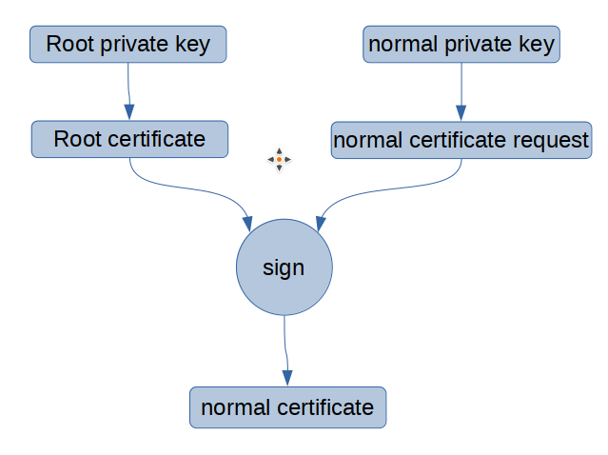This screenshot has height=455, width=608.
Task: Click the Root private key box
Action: click(x=127, y=44)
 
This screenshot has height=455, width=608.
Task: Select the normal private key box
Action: click(x=461, y=45)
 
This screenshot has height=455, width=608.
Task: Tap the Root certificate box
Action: click(x=129, y=139)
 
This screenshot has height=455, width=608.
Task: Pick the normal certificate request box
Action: click(x=461, y=140)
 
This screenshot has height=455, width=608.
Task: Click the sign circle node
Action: click(x=284, y=267)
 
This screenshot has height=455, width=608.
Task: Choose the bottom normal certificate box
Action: click(x=287, y=407)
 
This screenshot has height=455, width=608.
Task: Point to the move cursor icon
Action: click(x=279, y=160)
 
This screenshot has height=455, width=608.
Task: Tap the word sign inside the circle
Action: click(x=284, y=268)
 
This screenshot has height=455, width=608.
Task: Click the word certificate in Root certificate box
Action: click(x=155, y=139)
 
